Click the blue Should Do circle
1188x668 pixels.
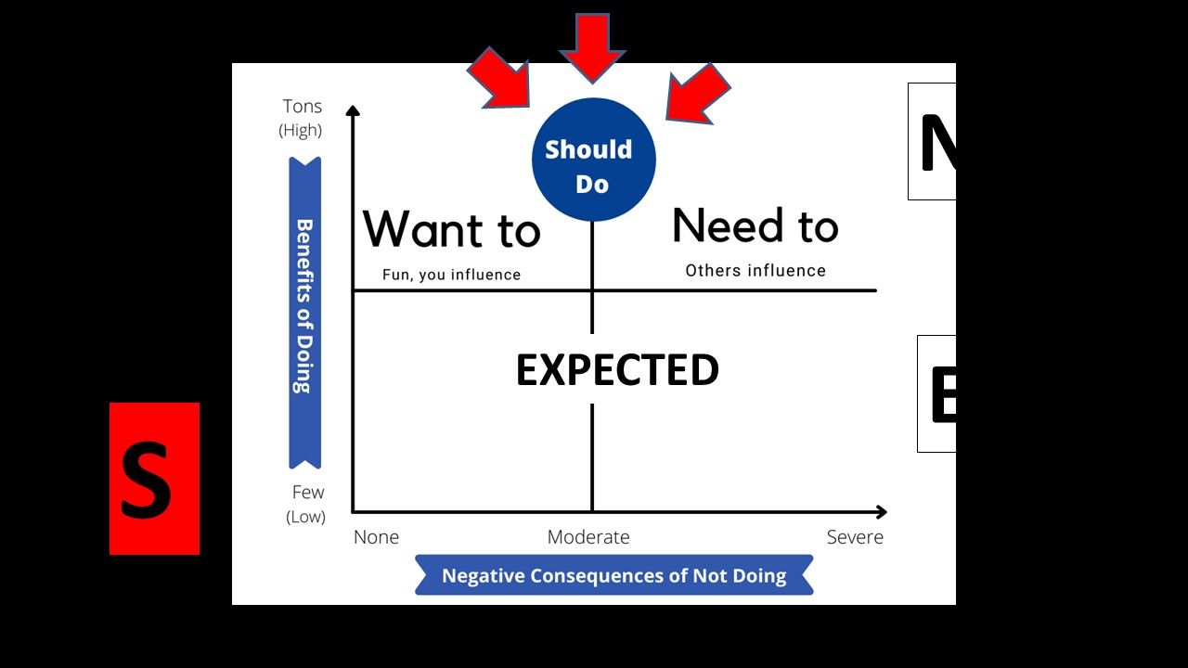[593, 160]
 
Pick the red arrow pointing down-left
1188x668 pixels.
[696, 94]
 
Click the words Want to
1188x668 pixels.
[451, 229]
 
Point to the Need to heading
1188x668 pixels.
[755, 226]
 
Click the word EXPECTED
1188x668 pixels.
[617, 370]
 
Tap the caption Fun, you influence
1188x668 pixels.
[451, 275]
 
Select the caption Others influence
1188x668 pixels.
[755, 271]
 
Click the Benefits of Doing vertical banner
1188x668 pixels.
[304, 313]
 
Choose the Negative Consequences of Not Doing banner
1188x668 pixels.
[613, 575]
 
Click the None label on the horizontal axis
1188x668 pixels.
[376, 537]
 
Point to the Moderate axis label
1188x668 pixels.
[588, 537]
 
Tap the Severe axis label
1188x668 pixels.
[855, 537]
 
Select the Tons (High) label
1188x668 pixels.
[302, 118]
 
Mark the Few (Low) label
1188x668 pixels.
[306, 504]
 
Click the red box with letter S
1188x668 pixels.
[154, 479]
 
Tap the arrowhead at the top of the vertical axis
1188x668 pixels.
[353, 111]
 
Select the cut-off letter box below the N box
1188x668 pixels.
[937, 393]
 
